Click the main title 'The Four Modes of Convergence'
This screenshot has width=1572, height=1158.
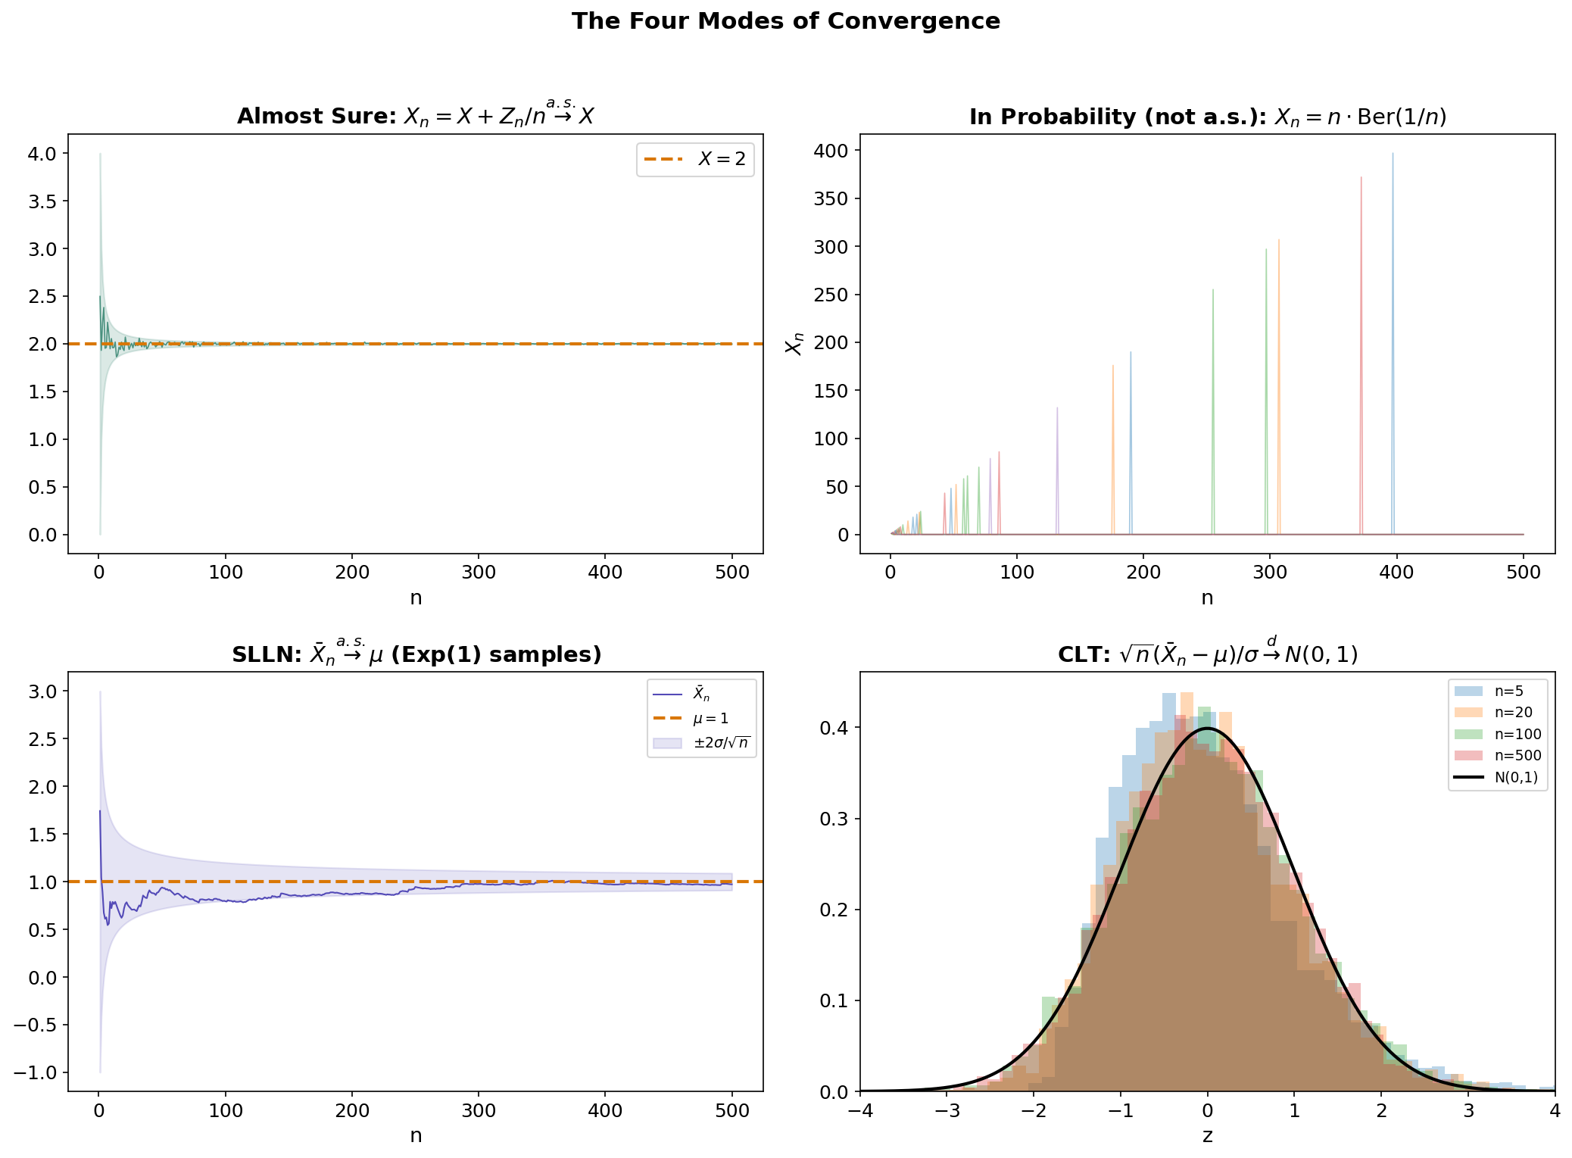pos(785,21)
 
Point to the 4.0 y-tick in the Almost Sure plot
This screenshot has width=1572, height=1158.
pos(42,154)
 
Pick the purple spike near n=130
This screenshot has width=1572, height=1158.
pos(1057,470)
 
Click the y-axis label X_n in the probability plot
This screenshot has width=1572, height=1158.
pos(794,343)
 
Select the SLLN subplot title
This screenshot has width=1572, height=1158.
pos(416,654)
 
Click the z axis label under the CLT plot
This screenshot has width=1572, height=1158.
pos(1207,1135)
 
